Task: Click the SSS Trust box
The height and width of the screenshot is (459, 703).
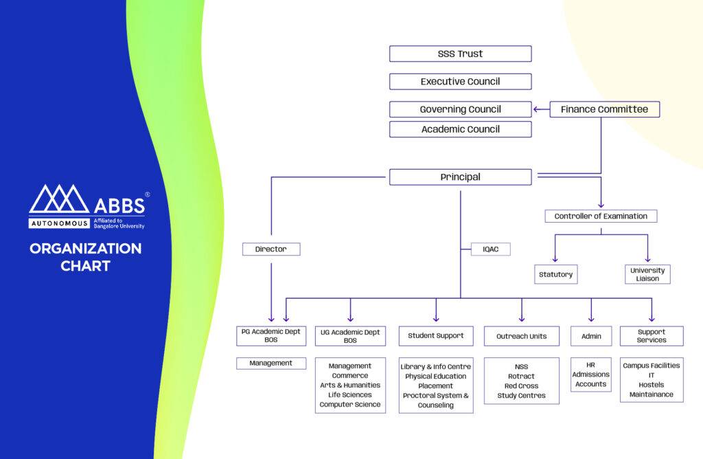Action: (x=460, y=54)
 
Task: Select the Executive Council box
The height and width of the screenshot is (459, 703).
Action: (x=460, y=82)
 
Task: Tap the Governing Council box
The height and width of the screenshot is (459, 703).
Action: (x=460, y=109)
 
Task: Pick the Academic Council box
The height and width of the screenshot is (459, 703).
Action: (x=460, y=129)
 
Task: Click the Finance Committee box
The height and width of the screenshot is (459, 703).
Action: (x=604, y=109)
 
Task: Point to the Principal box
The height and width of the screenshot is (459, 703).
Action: (x=460, y=177)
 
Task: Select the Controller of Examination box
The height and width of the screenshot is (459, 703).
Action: (x=601, y=216)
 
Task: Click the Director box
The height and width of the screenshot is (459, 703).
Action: (x=271, y=249)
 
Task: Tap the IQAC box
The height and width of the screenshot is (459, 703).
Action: (x=491, y=249)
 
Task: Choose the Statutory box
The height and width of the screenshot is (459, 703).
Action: (x=556, y=274)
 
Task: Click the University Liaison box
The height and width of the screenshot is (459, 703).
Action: (x=647, y=274)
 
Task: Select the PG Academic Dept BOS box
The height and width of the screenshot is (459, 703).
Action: (x=271, y=336)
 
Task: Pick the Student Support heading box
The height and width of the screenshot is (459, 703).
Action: (x=436, y=336)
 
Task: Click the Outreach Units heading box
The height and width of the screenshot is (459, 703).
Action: (x=522, y=336)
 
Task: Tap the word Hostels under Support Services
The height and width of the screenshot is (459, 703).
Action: (x=652, y=385)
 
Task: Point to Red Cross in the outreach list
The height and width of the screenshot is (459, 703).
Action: (x=522, y=386)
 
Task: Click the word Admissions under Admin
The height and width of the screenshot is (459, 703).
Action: (x=590, y=374)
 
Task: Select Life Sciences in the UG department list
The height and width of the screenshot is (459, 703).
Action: (x=350, y=395)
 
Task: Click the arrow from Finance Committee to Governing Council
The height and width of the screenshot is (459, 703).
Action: (x=541, y=109)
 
